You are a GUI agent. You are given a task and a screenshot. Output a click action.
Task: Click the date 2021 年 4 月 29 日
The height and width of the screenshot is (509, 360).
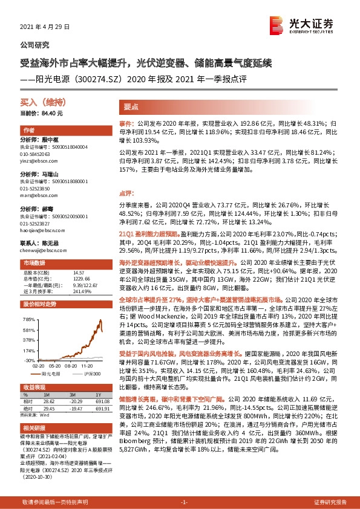(45, 28)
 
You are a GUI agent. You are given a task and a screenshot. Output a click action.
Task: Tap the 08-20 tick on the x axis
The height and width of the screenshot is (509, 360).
(67, 365)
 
